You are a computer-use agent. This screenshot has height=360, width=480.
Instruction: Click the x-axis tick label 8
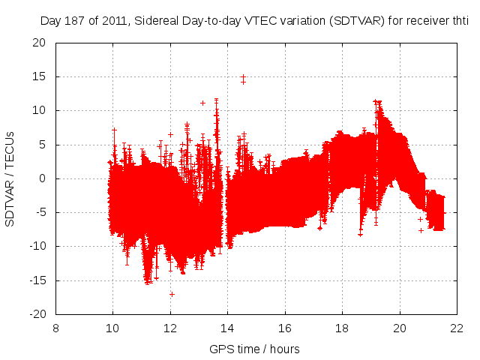(56, 328)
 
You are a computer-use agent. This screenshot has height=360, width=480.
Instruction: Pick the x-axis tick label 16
(285, 328)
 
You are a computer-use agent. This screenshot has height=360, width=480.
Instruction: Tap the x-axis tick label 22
(457, 328)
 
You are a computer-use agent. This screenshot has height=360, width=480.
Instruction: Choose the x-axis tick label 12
(170, 328)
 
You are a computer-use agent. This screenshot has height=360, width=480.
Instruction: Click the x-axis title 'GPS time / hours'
(254, 349)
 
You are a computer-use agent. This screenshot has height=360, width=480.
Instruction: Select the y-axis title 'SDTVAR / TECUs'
(10, 178)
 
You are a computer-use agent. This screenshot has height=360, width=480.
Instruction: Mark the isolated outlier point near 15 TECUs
(243, 78)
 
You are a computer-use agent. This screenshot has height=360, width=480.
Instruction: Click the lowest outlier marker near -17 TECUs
(172, 294)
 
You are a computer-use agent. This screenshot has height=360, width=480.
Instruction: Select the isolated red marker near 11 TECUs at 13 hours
(202, 103)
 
